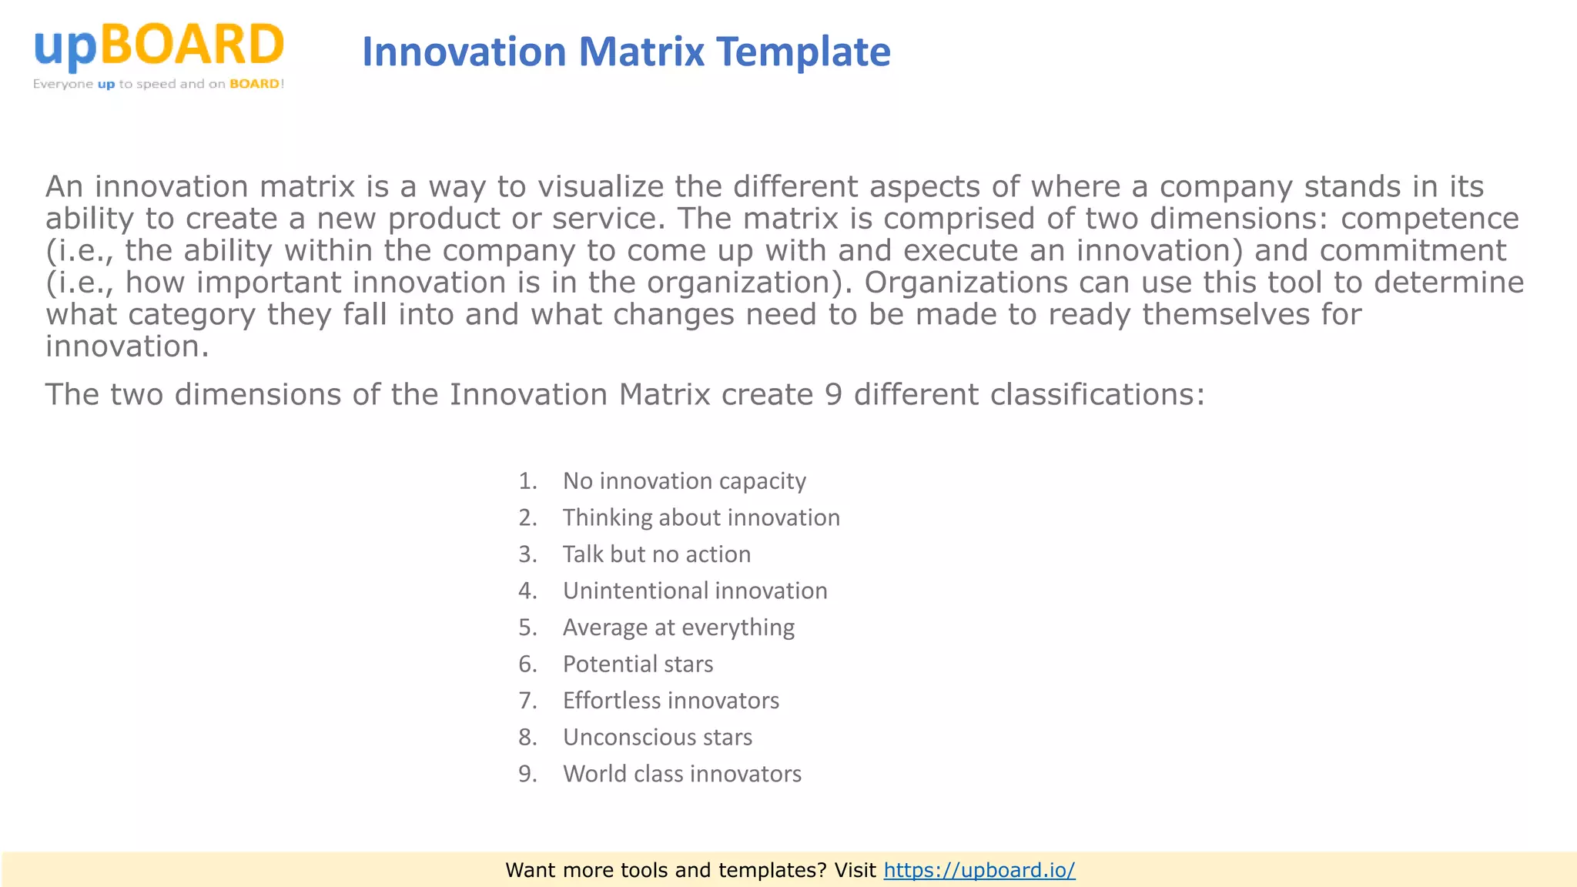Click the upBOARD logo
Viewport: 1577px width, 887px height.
click(159, 55)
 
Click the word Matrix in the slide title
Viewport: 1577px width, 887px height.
click(641, 52)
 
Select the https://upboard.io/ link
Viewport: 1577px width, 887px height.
click(979, 870)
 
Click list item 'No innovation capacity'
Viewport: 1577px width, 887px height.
click(684, 481)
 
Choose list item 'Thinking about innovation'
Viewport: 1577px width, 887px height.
click(701, 517)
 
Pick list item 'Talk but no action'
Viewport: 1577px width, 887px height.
click(656, 554)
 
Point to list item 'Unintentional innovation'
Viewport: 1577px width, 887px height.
click(695, 591)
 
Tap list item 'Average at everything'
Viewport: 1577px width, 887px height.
click(678, 628)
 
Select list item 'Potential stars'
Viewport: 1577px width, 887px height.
click(638, 664)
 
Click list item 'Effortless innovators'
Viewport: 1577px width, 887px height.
click(671, 701)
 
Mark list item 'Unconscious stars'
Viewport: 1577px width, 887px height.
click(657, 737)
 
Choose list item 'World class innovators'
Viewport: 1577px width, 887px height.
click(681, 774)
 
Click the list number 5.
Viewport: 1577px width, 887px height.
click(527, 628)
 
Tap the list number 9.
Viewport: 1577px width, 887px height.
click(527, 774)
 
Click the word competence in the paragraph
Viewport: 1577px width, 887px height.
click(1429, 219)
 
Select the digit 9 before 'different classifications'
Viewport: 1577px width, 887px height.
click(833, 395)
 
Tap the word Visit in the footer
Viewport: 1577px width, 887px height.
click(855, 870)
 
